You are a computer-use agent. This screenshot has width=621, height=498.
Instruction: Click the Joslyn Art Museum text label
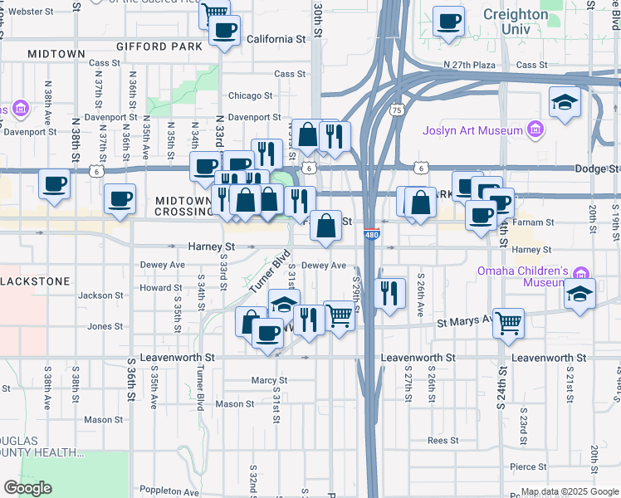click(x=472, y=130)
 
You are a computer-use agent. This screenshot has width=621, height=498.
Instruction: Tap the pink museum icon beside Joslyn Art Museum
click(x=535, y=130)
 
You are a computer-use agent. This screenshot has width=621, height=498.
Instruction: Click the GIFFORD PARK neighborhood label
click(x=159, y=46)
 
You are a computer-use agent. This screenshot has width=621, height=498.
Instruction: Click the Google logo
click(x=27, y=488)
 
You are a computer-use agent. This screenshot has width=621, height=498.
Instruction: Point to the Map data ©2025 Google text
click(x=570, y=491)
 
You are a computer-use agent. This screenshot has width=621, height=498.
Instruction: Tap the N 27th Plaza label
click(x=470, y=64)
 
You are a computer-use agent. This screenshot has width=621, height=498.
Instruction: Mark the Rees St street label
click(x=443, y=441)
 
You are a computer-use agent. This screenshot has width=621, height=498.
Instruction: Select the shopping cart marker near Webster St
click(x=215, y=12)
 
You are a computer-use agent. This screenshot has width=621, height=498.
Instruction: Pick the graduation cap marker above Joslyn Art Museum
click(x=565, y=102)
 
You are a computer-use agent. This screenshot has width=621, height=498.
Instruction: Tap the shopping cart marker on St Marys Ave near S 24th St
click(x=508, y=322)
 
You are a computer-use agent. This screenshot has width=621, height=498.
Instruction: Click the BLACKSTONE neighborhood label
click(x=35, y=281)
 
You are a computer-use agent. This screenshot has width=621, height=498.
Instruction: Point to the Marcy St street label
click(x=268, y=380)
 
